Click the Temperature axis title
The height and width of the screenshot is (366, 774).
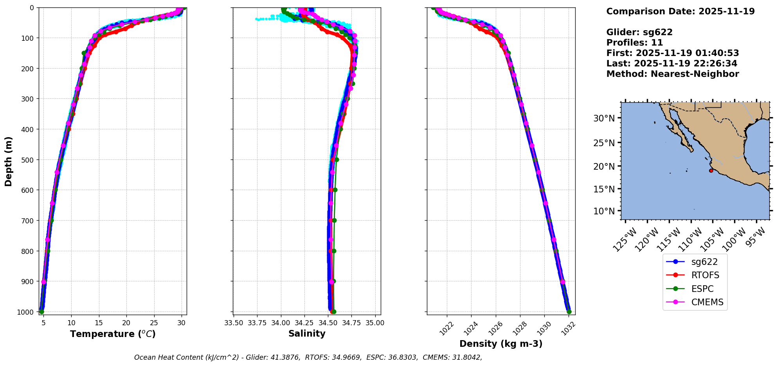113,334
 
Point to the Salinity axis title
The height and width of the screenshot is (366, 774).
307,333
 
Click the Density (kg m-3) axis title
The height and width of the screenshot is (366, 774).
501,344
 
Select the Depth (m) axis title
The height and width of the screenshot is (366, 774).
8,161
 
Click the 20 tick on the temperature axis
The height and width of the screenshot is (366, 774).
126,323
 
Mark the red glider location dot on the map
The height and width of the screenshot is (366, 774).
711,170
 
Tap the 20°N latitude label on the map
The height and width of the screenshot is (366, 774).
604,166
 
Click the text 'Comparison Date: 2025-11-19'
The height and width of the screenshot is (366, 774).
680,11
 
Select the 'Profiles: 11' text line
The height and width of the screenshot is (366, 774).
635,43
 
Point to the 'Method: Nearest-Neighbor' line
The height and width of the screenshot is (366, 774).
673,74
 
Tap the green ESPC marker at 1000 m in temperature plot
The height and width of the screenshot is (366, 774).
41,312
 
